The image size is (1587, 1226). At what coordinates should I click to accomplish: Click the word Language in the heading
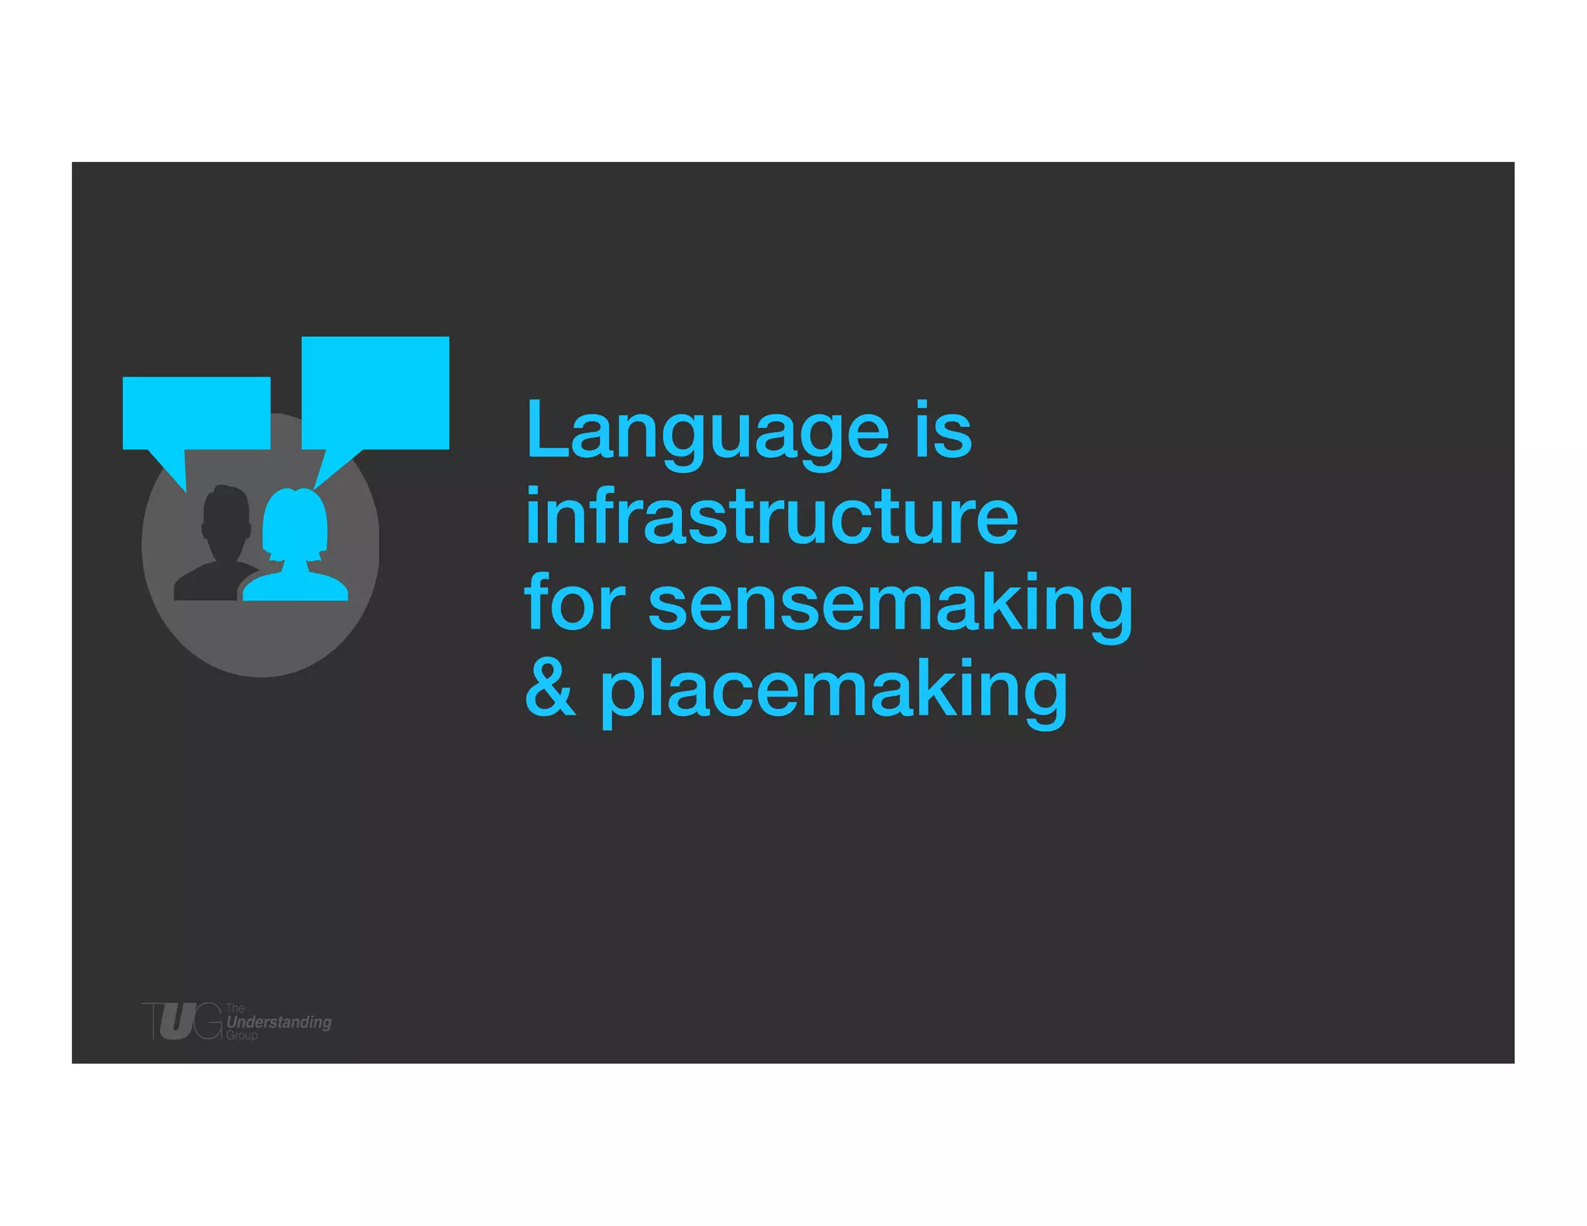[x=707, y=432]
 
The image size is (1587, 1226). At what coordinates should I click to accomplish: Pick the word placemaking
[x=834, y=691]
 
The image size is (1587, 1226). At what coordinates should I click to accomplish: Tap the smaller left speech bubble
[x=196, y=412]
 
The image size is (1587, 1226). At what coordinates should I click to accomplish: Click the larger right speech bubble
[x=375, y=392]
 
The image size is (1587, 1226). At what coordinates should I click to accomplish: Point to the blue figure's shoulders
[x=295, y=586]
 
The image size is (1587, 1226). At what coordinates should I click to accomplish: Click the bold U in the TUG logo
[x=177, y=1021]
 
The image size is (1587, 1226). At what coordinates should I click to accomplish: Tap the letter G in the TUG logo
[x=208, y=1021]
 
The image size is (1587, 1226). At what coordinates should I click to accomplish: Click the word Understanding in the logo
[x=279, y=1022]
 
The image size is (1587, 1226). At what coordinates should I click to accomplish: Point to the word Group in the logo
[x=242, y=1035]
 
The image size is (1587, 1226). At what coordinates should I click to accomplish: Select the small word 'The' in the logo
[x=235, y=1008]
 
